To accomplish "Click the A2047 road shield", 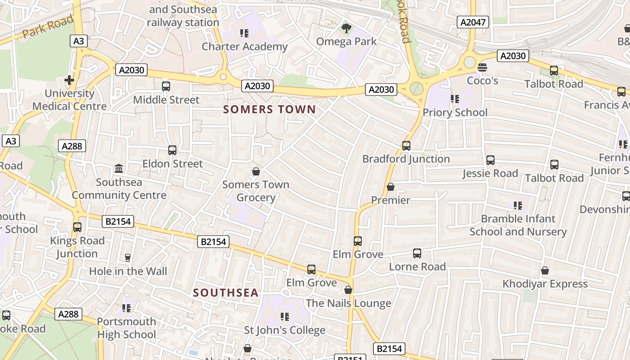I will coord(473,22).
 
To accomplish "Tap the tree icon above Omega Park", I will coord(346,29).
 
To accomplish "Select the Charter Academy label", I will coord(244,46).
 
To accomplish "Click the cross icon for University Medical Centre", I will coord(69,80).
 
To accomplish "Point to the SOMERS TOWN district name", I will coord(270,109).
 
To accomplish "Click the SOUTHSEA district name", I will coord(226,293).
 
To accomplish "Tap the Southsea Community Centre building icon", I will coord(119,168).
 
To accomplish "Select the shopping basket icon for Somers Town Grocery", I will coord(256,171).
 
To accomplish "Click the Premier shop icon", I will coord(390,187).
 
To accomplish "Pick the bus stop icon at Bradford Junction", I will coord(406,145).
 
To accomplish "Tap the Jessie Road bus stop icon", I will coord(490,160).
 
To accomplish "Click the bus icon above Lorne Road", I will coord(417,253).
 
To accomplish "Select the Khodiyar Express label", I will coord(545,284).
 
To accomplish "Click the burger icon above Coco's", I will coord(482,67).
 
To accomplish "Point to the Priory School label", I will coord(454,112).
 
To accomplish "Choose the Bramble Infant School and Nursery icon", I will coord(518,205).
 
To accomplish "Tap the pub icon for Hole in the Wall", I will coord(128,257).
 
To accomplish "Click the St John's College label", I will coord(284,330).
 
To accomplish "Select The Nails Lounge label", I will coord(348,303).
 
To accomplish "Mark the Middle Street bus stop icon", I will coord(166,86).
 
